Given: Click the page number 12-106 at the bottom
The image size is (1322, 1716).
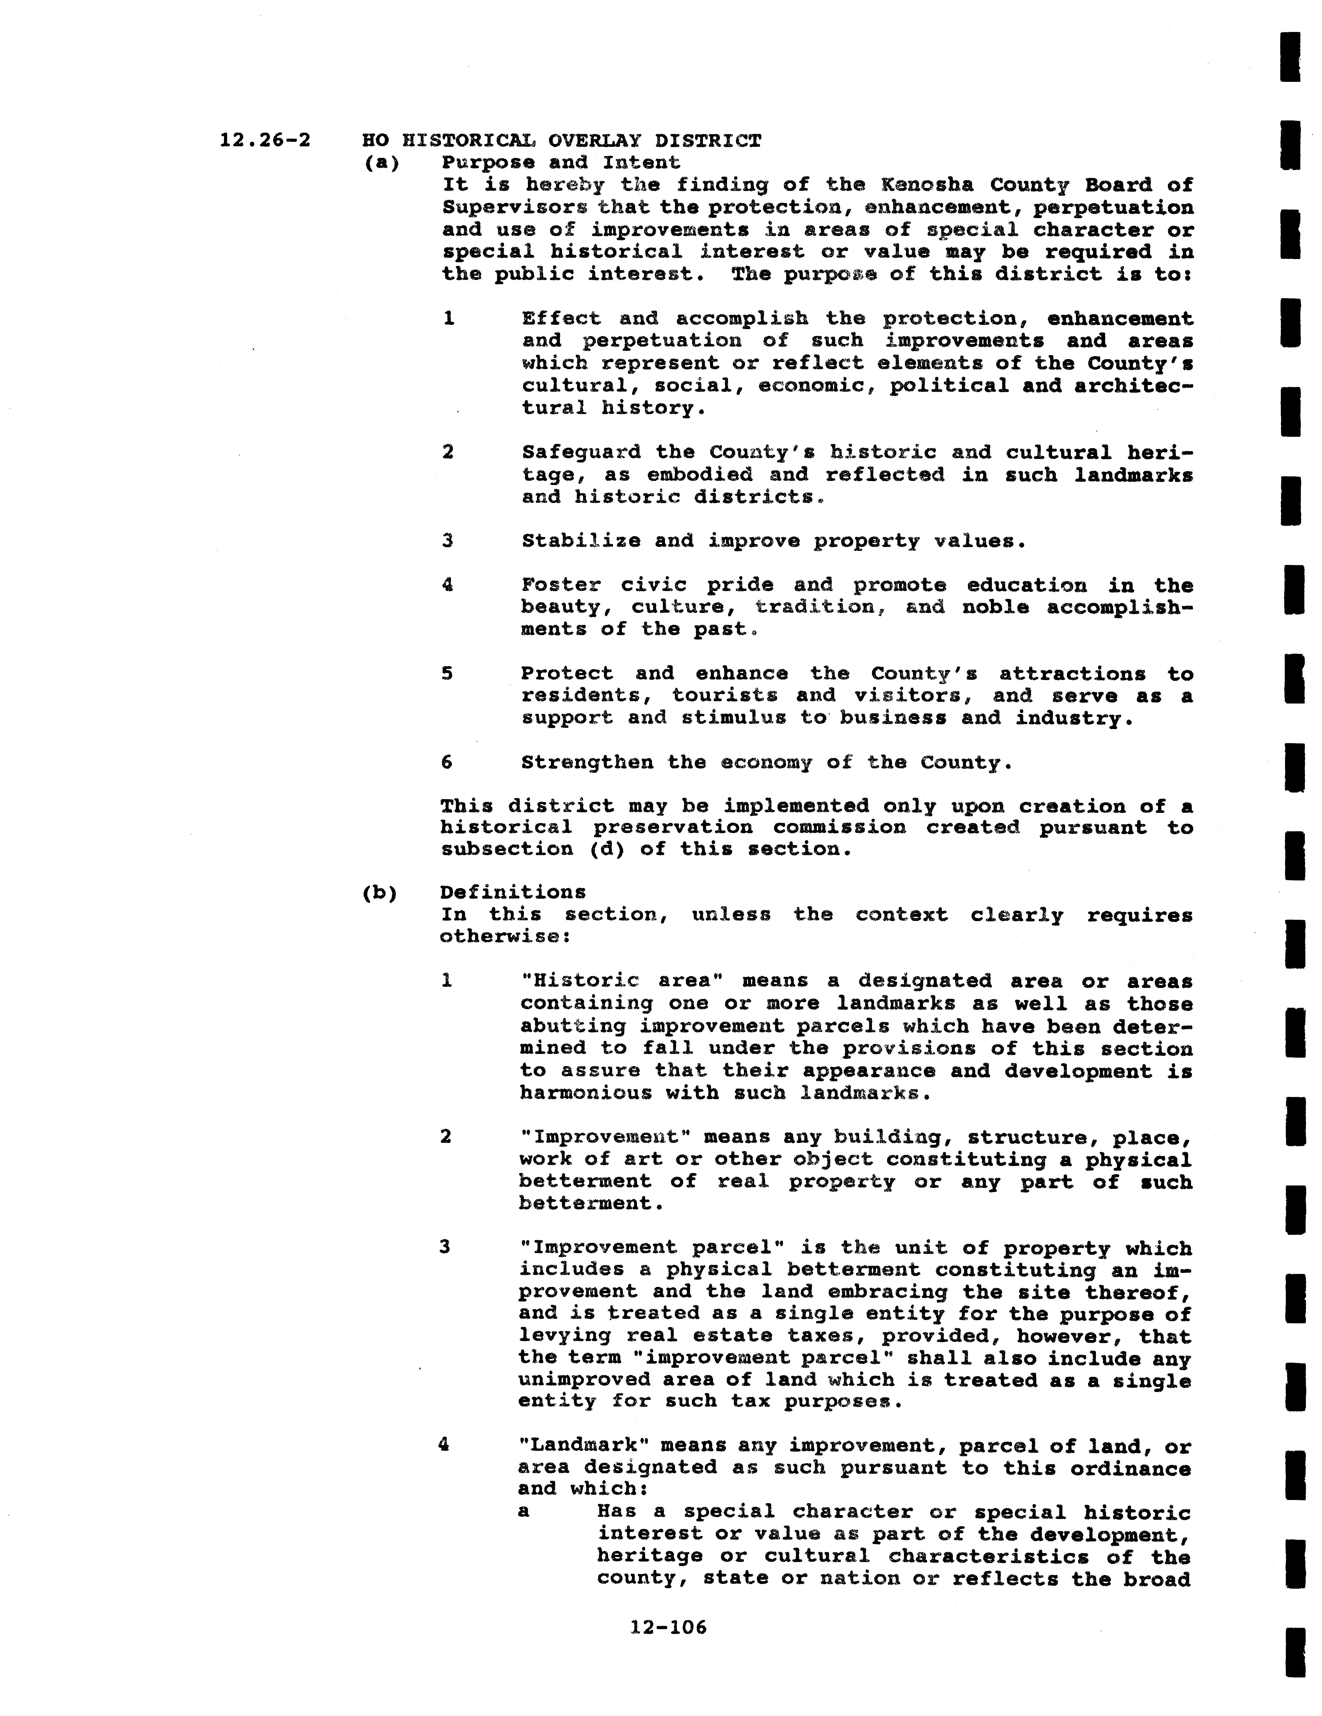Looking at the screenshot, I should (668, 1626).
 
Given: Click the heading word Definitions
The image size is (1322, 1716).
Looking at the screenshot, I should (512, 893).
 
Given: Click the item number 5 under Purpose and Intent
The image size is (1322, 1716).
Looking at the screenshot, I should (447, 673).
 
